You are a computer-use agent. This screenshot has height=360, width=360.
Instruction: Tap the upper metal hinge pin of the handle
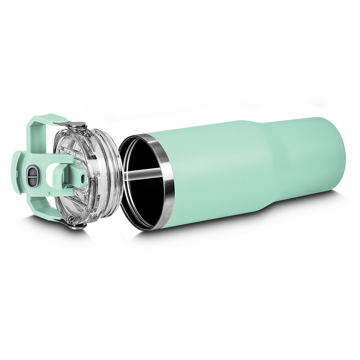79,125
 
